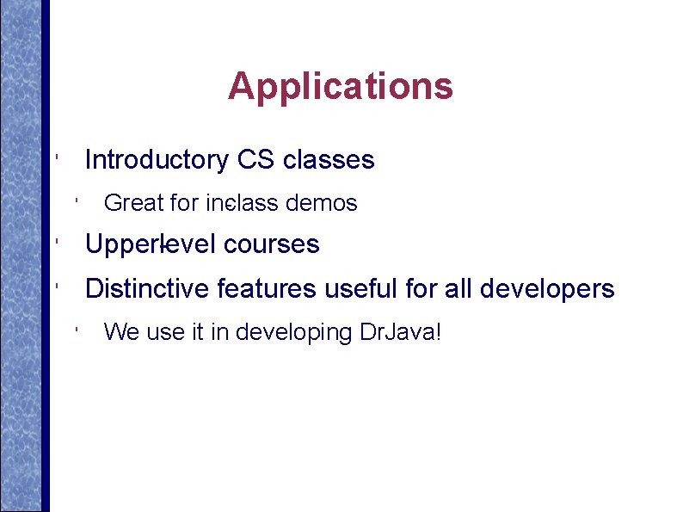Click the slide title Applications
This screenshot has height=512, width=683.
click(x=341, y=86)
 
